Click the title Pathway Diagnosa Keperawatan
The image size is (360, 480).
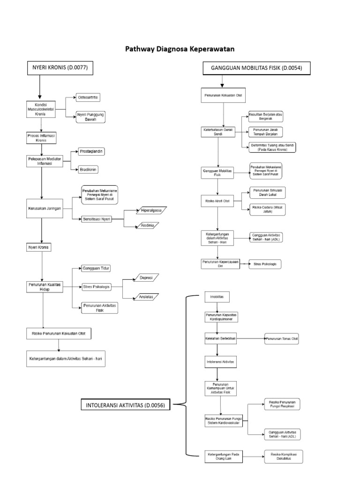[180, 49]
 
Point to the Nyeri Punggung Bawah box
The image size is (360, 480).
[92, 117]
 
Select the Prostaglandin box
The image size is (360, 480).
[91, 151]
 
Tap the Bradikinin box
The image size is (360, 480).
[89, 169]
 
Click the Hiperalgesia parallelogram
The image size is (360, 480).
[150, 210]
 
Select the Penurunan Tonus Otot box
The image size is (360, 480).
[282, 338]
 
